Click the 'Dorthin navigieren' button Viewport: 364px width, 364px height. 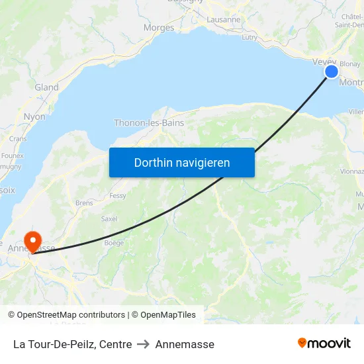click(182, 163)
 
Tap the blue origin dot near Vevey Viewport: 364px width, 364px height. click(332, 71)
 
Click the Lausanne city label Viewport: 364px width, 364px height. click(224, 20)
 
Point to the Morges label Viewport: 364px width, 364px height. click(159, 28)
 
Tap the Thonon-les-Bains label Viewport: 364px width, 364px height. click(149, 123)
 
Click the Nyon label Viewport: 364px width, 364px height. click(34, 117)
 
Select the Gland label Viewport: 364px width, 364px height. click(46, 87)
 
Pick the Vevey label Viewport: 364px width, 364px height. click(324, 62)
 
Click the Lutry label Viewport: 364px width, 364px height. click(250, 38)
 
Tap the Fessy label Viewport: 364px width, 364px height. click(118, 196)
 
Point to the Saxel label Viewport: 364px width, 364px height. click(109, 218)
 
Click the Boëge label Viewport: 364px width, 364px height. click(114, 243)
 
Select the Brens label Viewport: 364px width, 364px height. click(84, 203)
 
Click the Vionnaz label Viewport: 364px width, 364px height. click(352, 171)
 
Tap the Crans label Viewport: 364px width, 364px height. click(18, 139)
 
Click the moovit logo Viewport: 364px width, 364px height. click(324, 343)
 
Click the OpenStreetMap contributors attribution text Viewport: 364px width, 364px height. click(71, 315)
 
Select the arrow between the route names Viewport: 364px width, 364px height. click(144, 344)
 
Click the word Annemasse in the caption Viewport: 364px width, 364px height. click(185, 344)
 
